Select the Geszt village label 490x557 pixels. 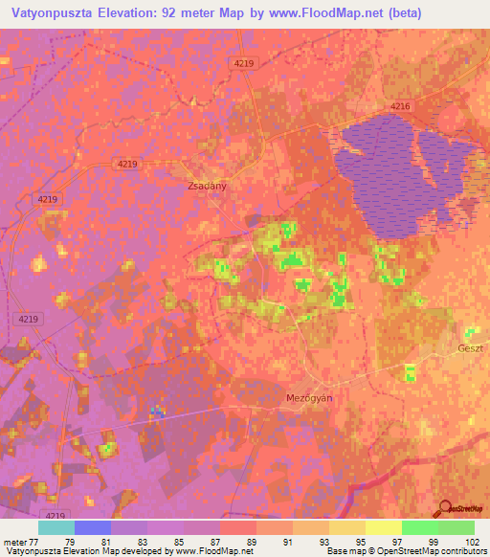[472, 348]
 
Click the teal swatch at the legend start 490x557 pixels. [56, 527]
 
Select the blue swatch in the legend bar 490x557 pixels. [92, 527]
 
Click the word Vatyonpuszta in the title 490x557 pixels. [56, 13]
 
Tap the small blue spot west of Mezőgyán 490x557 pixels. [156, 412]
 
